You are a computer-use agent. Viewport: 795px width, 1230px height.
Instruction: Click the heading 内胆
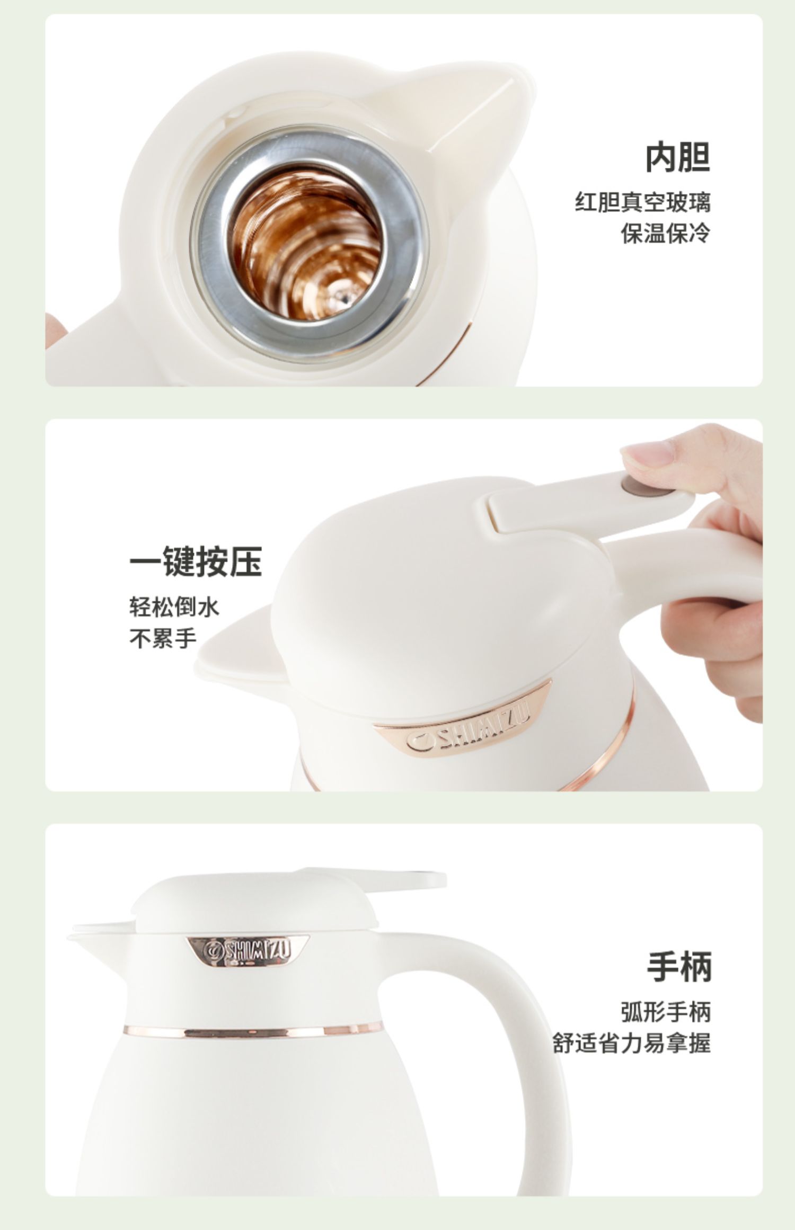[677, 157]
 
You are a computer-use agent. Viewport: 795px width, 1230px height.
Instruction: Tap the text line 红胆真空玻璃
[642, 202]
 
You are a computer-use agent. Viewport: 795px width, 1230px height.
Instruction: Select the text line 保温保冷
[665, 233]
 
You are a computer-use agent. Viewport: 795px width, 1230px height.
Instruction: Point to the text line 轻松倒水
[174, 607]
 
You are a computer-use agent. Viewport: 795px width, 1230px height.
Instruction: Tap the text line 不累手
[163, 638]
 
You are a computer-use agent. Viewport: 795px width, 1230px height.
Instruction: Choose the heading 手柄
[679, 967]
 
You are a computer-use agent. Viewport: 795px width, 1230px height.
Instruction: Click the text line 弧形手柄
[666, 1012]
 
